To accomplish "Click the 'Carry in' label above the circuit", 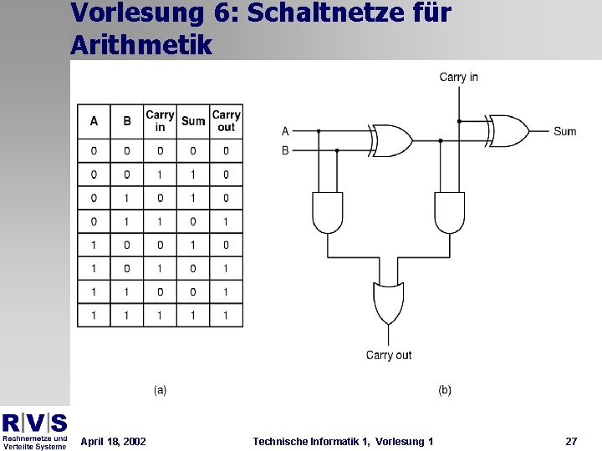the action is pyautogui.click(x=459, y=77).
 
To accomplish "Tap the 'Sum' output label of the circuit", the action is pyautogui.click(x=565, y=131).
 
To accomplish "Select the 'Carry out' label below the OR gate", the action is pyautogui.click(x=389, y=355).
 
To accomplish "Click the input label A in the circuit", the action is pyautogui.click(x=285, y=131).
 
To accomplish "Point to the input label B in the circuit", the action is pyautogui.click(x=285, y=150).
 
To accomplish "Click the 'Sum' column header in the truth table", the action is pyautogui.click(x=193, y=121).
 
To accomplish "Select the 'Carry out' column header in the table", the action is pyautogui.click(x=226, y=121).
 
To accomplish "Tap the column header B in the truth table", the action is pyautogui.click(x=127, y=121).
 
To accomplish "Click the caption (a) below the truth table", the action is pyautogui.click(x=160, y=390).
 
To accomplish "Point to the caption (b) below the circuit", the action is pyautogui.click(x=445, y=390).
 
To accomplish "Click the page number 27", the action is pyautogui.click(x=571, y=441).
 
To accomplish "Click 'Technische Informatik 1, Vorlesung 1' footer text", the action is pyautogui.click(x=343, y=441).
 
